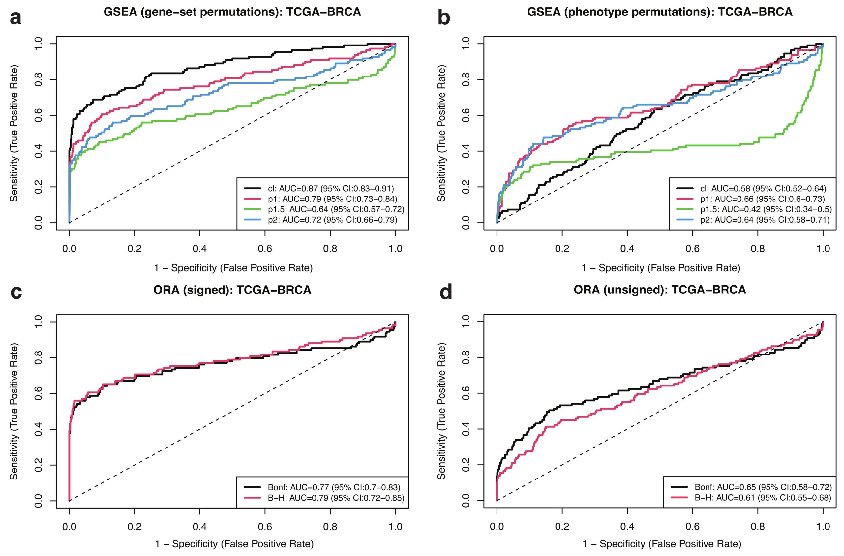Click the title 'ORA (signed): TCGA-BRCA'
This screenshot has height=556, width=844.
(232, 290)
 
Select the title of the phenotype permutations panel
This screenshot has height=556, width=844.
(660, 12)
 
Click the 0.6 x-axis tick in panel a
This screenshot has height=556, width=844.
(265, 249)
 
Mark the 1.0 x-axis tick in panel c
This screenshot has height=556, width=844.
(395, 527)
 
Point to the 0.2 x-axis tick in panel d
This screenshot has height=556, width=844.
(562, 527)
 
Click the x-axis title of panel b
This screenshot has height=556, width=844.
(661, 268)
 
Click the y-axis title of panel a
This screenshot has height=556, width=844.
(14, 134)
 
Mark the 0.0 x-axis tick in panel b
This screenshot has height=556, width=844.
(497, 249)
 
